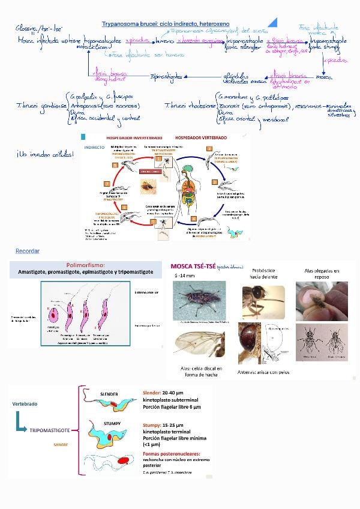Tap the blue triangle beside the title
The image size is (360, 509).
(274, 22)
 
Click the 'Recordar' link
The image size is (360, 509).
(27, 250)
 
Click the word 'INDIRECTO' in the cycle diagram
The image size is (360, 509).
(94, 147)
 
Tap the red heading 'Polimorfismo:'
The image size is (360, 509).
(85, 265)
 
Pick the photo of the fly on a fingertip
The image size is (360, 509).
(321, 301)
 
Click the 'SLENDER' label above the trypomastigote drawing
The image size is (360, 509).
(107, 393)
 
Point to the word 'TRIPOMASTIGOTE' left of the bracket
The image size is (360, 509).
(50, 431)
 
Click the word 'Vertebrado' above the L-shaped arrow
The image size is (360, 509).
(25, 404)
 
